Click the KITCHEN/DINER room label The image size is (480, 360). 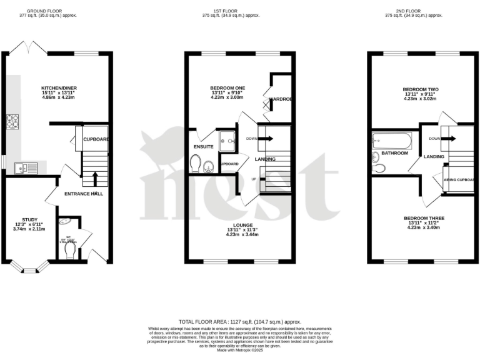point(59,88)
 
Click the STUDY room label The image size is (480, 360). point(30,219)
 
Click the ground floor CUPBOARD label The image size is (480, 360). point(97,139)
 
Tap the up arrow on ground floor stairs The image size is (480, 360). point(94,179)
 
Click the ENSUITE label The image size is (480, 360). point(204,146)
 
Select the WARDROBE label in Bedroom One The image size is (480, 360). point(281,99)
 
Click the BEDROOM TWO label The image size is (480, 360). point(419,89)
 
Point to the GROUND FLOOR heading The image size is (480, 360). point(43,11)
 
